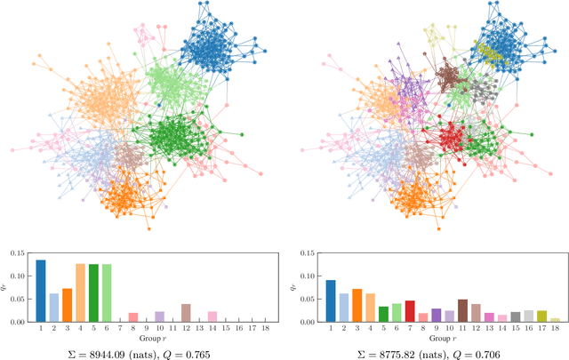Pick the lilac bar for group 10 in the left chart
point(159,316)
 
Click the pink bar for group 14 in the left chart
point(212,316)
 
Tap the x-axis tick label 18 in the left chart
point(264,328)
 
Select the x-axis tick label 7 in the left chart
point(119,328)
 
